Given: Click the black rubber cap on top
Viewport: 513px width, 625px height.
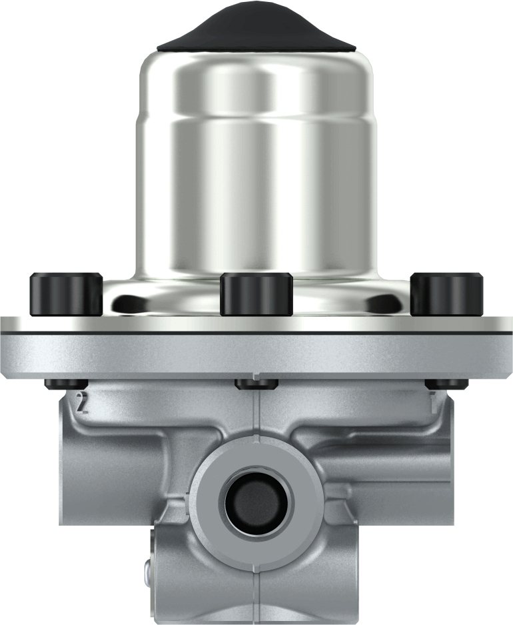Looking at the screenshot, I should (x=256, y=30).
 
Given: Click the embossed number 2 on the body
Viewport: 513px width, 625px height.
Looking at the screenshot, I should (x=83, y=403).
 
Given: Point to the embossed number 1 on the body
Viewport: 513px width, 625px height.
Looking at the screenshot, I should (x=434, y=403).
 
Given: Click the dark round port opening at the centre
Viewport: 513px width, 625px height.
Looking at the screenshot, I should (x=256, y=502).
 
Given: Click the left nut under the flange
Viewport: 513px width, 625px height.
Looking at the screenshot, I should (x=66, y=384).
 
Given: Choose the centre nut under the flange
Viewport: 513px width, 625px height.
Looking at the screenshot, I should (x=256, y=384).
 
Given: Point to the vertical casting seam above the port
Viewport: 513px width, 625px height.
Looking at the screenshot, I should (x=256, y=414).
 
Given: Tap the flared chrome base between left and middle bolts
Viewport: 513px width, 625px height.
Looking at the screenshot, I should (x=160, y=300).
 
